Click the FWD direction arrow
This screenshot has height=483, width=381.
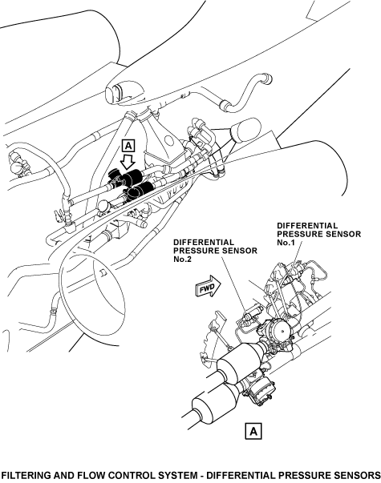click(209, 286)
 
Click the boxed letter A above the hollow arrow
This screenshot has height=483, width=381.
click(128, 146)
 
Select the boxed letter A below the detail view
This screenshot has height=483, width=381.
click(253, 431)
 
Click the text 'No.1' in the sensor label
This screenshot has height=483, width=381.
click(286, 243)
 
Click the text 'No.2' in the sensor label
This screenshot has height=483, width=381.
click(182, 259)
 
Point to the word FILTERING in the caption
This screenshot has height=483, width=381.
click(26, 475)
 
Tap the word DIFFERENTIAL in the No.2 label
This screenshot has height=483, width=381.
click(204, 243)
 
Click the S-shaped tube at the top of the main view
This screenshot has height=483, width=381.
click(246, 91)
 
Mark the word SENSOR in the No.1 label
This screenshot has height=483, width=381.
click(345, 234)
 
